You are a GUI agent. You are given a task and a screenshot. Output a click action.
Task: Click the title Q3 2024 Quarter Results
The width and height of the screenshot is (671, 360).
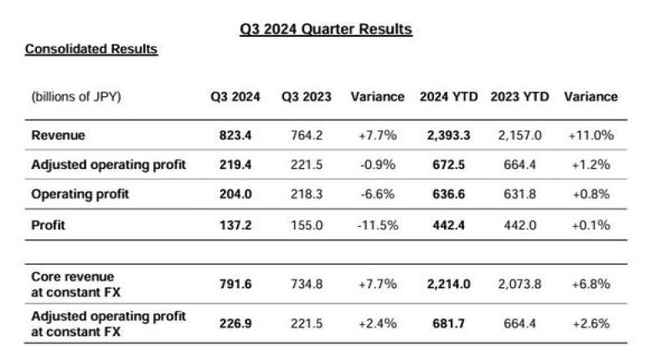click(x=326, y=29)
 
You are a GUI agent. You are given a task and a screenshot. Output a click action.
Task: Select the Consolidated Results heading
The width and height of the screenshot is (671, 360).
click(x=91, y=49)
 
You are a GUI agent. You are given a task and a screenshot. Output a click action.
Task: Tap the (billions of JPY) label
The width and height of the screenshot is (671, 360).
click(x=76, y=96)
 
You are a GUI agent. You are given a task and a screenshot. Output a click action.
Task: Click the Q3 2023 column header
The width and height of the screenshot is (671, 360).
click(x=306, y=96)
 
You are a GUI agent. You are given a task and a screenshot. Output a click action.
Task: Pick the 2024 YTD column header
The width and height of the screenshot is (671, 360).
click(x=448, y=96)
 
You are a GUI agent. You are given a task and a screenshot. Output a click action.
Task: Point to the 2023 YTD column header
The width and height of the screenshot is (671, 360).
click(x=519, y=96)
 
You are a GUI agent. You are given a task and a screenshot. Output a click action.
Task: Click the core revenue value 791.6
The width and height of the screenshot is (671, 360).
click(x=235, y=284)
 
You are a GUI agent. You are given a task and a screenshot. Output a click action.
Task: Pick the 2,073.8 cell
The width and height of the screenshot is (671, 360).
click(x=519, y=284)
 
